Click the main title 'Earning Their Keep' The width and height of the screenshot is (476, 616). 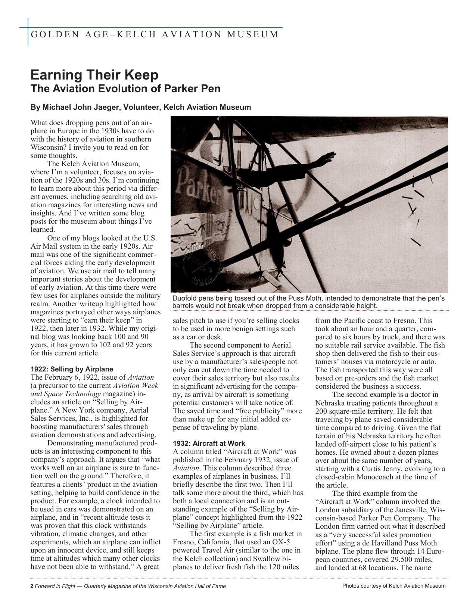(94, 75)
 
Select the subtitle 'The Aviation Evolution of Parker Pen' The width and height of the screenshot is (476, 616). (125, 89)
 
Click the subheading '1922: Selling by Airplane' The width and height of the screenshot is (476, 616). (72, 369)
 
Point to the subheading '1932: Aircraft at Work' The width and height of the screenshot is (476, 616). (209, 443)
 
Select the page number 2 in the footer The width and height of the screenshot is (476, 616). (32, 586)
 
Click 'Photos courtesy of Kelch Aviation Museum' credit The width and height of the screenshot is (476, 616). (394, 586)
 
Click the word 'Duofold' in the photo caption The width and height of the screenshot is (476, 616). (185, 298)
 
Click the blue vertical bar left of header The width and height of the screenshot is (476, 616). (28, 32)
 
